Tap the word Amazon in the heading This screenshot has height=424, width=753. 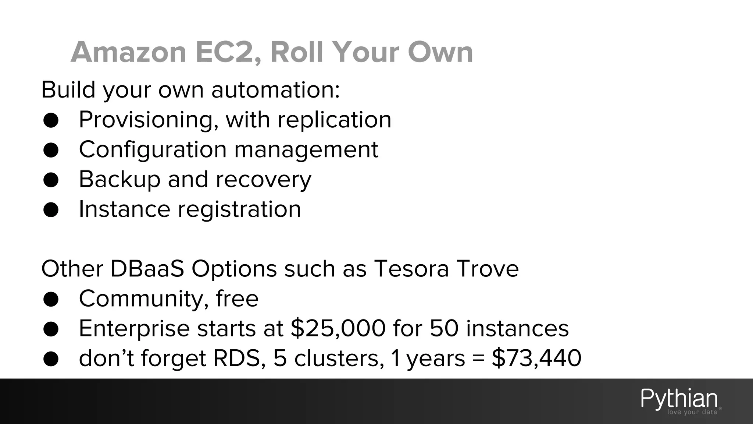click(x=128, y=52)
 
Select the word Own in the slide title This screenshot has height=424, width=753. click(x=440, y=52)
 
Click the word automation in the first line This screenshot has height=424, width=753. click(x=275, y=90)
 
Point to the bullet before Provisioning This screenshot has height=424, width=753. click(x=51, y=120)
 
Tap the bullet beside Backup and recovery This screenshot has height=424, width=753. click(x=51, y=180)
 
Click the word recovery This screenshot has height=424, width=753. click(x=263, y=180)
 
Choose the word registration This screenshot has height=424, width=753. click(x=239, y=209)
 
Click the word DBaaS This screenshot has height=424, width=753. click(x=147, y=269)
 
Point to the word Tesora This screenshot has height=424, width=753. click(x=411, y=269)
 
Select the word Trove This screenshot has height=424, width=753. click(x=488, y=269)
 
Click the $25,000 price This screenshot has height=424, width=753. click(x=338, y=328)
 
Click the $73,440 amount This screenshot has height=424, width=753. click(x=536, y=358)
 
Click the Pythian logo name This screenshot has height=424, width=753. click(x=679, y=399)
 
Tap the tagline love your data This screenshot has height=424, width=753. click(x=692, y=412)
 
